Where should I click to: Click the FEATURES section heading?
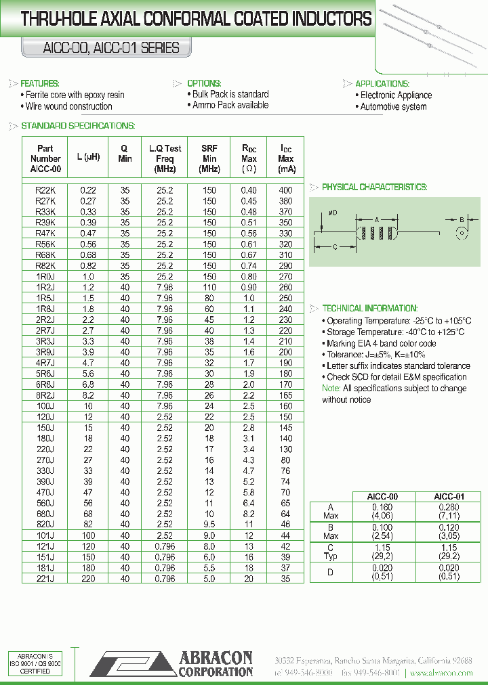(x=40, y=83)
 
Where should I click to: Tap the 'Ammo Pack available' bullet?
(x=230, y=106)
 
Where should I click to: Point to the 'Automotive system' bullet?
(x=393, y=107)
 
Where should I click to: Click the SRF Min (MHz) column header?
(x=209, y=158)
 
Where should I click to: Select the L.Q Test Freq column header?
(x=165, y=158)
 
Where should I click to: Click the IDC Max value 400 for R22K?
(x=286, y=191)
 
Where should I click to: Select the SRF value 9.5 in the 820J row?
(x=209, y=524)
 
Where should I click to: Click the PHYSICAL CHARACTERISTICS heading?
(x=373, y=187)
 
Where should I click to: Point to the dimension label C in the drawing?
(x=334, y=248)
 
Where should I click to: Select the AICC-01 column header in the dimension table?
(x=449, y=496)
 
